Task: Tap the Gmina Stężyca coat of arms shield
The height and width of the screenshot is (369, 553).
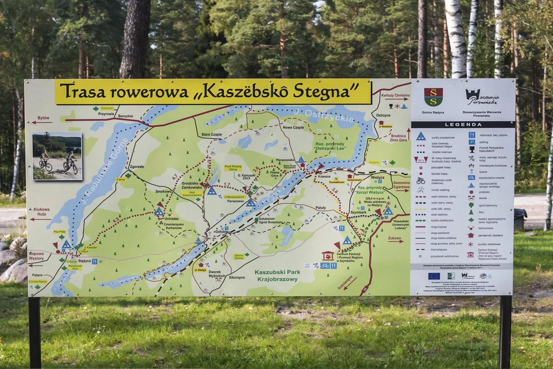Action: tap(433, 97)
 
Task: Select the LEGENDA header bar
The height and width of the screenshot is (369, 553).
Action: tap(463, 124)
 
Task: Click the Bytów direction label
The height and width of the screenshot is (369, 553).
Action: tap(43, 118)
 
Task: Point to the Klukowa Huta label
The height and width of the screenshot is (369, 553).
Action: tap(41, 212)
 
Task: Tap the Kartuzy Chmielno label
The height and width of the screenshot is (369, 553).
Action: tap(395, 95)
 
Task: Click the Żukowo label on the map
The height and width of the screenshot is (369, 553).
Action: tap(394, 238)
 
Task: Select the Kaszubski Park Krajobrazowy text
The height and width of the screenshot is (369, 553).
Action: tap(277, 276)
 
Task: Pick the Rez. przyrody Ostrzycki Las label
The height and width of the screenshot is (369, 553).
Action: tap(330, 146)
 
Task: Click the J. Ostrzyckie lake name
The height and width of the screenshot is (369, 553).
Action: tap(324, 116)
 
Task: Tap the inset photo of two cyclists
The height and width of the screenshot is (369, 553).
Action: tap(57, 156)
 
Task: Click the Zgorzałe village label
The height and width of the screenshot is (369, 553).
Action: tap(137, 167)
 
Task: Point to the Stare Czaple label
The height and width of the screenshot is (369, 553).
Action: tap(211, 134)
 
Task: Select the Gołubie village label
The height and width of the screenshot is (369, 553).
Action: tap(221, 232)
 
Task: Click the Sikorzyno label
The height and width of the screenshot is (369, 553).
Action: tap(237, 277)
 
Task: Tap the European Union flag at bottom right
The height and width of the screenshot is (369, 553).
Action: tap(434, 276)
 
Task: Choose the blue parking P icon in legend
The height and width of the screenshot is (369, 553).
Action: tap(472, 142)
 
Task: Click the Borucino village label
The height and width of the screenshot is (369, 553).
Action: tap(125, 116)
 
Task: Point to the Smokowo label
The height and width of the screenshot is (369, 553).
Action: tap(163, 191)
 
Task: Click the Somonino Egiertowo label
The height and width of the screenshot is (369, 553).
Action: tap(401, 185)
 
